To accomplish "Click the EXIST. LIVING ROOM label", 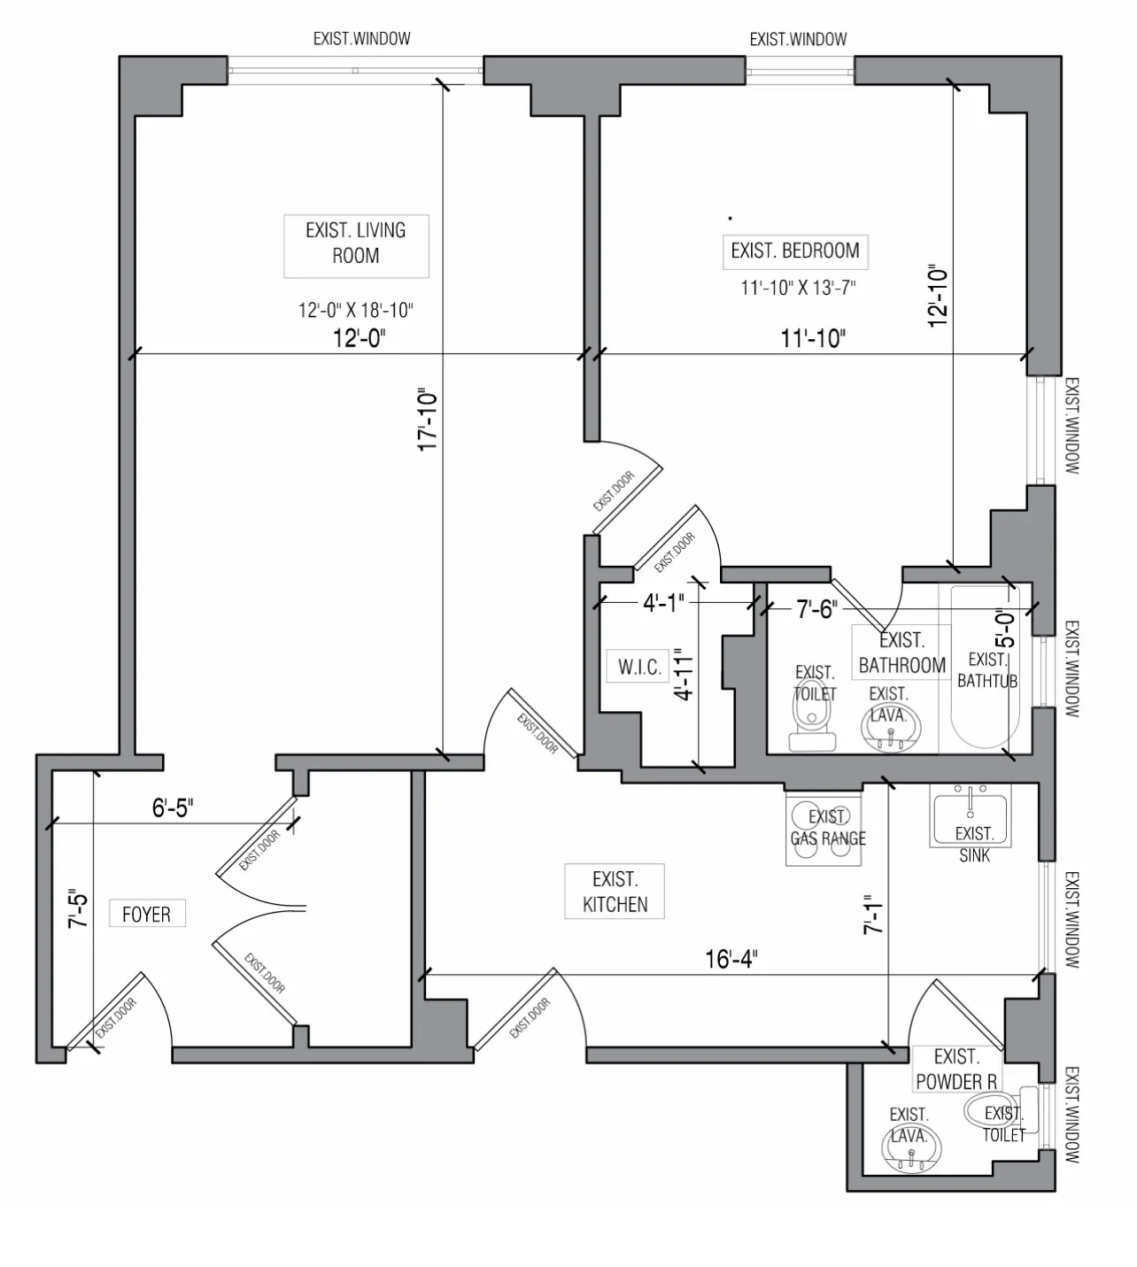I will pos(356,243).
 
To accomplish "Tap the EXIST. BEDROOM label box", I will pos(794,251).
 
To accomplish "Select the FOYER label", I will pos(146,914).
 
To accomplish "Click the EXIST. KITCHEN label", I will pos(615,892).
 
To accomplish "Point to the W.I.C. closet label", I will pos(639,667).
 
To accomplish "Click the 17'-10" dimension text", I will pos(429,420).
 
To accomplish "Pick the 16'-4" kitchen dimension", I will pos(731,959).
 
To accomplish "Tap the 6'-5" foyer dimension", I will pos(173,807).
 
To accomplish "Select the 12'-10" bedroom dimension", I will pos(939,297).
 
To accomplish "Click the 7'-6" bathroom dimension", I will pos(816,609).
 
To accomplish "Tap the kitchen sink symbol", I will pos(971,819).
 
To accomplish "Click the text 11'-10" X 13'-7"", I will pos(798,288).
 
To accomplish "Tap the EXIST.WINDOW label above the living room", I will pos(361,39).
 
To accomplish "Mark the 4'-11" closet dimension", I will pos(684,675).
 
